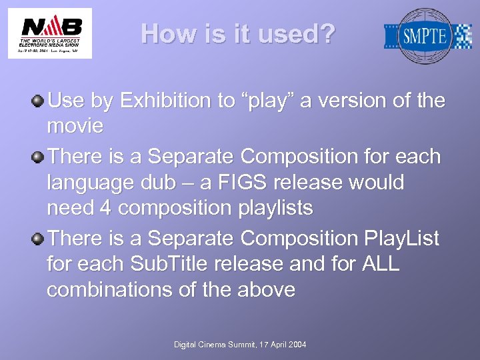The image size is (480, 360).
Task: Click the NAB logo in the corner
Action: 50,33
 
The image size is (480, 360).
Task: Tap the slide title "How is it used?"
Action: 239,34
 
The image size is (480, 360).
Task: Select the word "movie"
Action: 75,126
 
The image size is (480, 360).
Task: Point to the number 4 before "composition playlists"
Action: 105,208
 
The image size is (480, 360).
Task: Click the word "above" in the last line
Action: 264,289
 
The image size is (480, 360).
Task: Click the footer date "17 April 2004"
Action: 279,344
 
